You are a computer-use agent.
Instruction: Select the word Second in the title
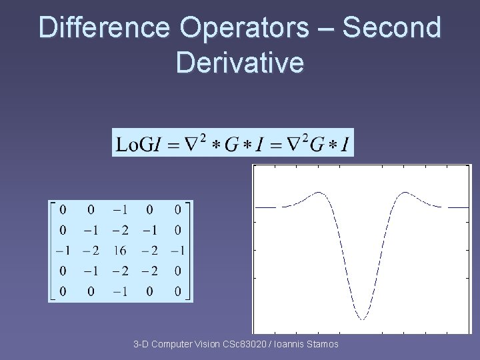coord(391,29)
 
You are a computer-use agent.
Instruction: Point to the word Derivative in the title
coord(240,62)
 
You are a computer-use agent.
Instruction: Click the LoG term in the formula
coord(135,143)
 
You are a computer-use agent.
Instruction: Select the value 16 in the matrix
coord(121,251)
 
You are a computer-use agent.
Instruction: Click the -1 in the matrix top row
coord(121,210)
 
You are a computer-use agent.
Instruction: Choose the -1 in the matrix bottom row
coord(121,291)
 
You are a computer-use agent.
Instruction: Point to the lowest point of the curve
coord(362,319)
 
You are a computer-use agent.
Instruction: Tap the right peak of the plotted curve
coord(405,193)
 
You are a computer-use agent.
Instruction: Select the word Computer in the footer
coord(172,344)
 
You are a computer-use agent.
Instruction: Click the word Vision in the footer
coord(208,344)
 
